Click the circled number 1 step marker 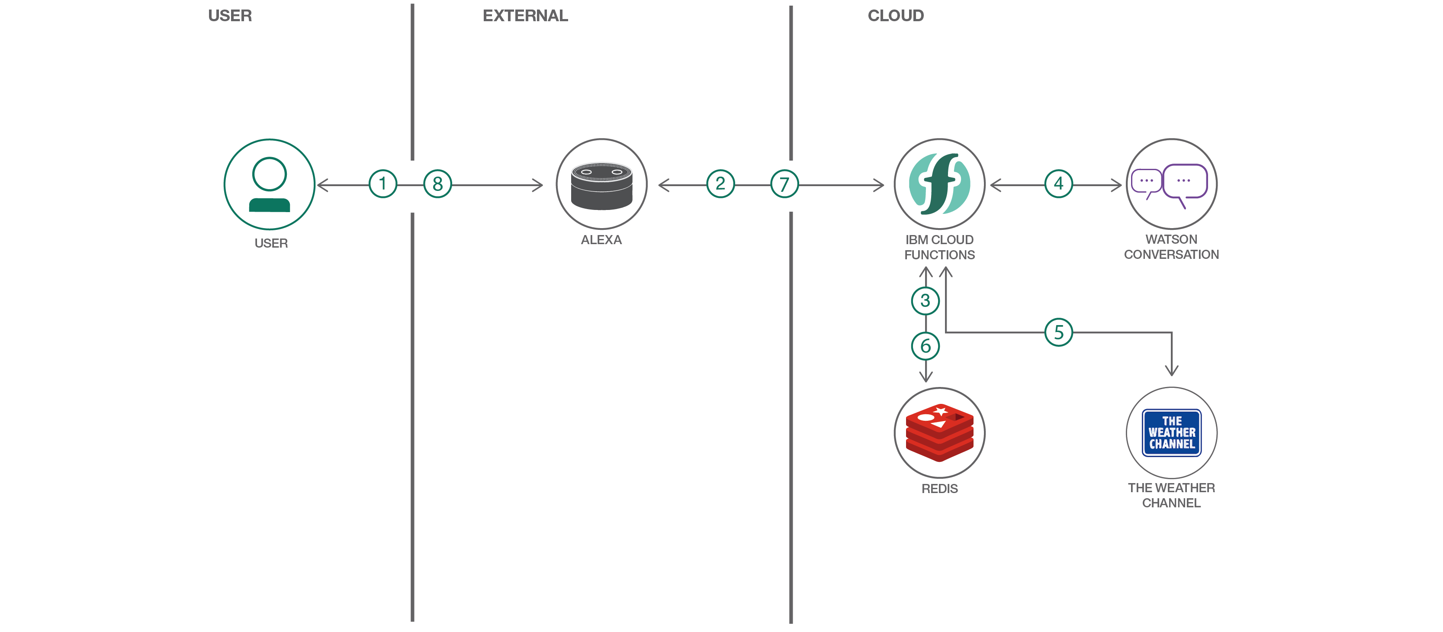pos(382,184)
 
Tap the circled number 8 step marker pos(437,184)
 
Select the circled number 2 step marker pos(720,184)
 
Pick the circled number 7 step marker pos(784,184)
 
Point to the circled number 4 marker pos(1058,184)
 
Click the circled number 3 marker pos(926,301)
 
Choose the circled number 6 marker pos(926,346)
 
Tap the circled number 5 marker pos(1058,332)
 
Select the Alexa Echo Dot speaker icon pos(601,185)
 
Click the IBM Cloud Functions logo pos(939,184)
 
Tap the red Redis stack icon pos(939,432)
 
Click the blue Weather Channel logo pos(1171,432)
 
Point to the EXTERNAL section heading pos(525,16)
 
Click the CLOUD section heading pos(895,16)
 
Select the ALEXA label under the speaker pos(601,240)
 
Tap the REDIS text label pos(939,489)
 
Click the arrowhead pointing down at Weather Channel pos(1171,371)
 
